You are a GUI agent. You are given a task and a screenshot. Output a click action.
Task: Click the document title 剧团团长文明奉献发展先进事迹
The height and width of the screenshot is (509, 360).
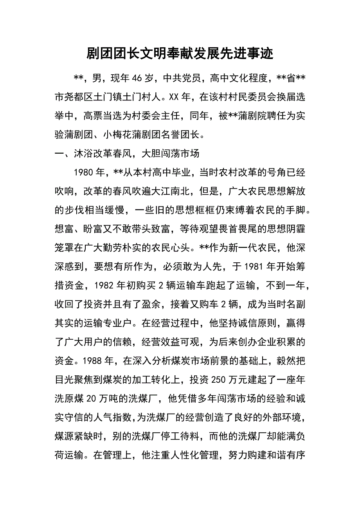180,54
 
